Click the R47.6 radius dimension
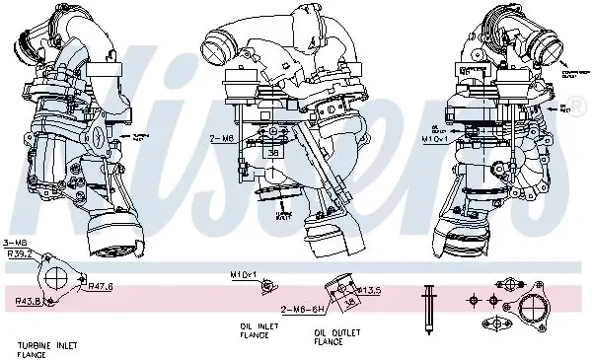tap(100, 286)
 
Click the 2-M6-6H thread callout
tap(300, 309)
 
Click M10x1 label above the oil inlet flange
tap(243, 272)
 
